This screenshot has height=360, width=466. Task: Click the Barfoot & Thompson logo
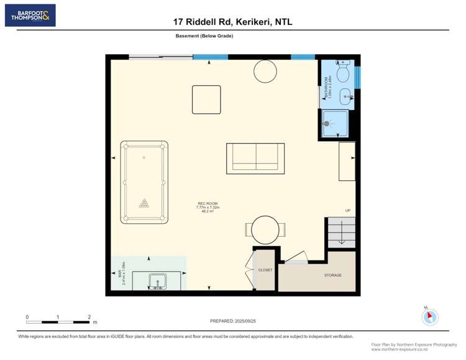tap(30, 16)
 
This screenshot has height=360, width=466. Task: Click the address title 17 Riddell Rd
tap(232, 22)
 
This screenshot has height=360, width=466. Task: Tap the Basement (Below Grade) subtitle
tap(204, 36)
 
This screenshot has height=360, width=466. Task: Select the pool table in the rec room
tap(144, 182)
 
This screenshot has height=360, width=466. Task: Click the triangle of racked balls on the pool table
tap(144, 203)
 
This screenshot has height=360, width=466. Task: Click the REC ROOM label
tap(208, 204)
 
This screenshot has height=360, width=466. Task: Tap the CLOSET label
tap(265, 270)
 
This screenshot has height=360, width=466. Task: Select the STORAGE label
tap(332, 275)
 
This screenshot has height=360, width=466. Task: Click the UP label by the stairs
tap(348, 210)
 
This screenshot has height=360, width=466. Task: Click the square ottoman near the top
tap(206, 99)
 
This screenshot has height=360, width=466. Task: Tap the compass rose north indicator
tap(429, 316)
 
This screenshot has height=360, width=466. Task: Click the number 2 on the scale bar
tap(89, 316)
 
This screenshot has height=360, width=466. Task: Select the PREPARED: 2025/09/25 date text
tap(233, 321)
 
